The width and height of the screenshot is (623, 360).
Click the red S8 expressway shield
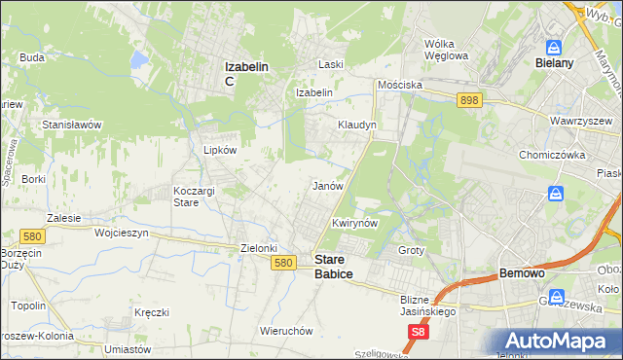coord(418,333)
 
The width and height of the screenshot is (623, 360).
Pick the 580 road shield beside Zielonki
coord(283,263)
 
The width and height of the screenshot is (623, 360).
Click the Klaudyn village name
coord(356,126)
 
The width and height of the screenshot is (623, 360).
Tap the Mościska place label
coord(400,85)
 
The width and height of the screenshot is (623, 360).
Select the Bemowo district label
coord(527,273)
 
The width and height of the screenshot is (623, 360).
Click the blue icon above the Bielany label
coord(554,47)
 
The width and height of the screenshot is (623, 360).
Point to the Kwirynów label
coord(354,223)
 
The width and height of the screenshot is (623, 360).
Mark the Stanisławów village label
coord(72,126)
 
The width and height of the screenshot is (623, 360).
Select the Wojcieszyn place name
coord(109,234)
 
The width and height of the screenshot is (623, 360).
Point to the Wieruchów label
coord(286,330)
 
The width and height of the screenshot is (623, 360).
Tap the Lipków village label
coord(220,150)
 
